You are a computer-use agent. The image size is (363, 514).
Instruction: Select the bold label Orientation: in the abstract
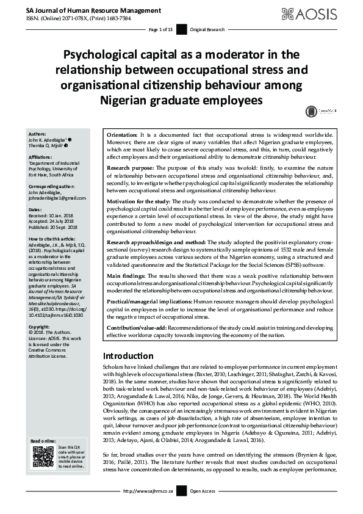[122, 133]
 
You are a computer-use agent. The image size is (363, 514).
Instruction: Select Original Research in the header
[207, 29]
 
